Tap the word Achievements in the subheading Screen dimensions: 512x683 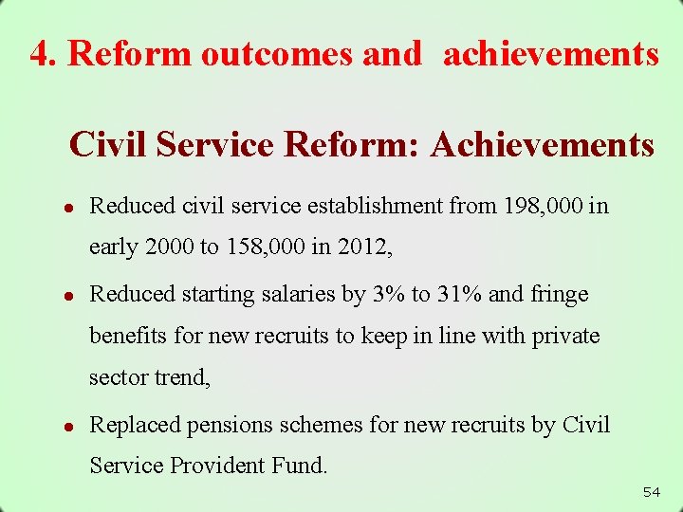[x=542, y=145]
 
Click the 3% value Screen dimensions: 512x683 [x=387, y=295]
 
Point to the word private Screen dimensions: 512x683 [x=565, y=336]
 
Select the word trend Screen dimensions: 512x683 [x=182, y=377]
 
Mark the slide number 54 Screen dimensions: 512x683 [x=651, y=492]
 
